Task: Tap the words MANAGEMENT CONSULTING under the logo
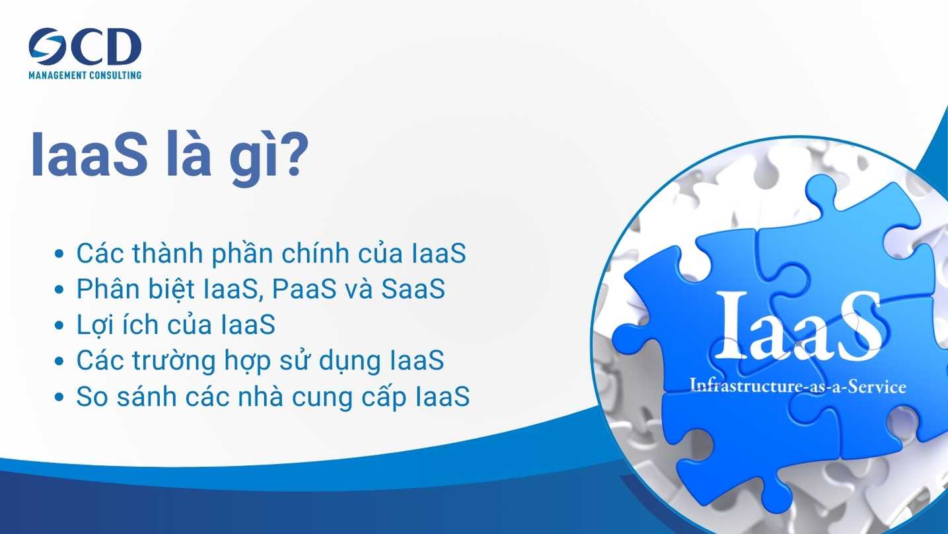point(85,75)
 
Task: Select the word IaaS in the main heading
point(89,153)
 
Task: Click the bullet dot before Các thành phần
point(59,254)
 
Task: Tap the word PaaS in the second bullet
point(304,289)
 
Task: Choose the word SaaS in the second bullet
point(413,289)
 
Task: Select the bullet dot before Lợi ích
point(59,325)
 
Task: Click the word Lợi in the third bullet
point(92,325)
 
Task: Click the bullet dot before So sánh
point(59,397)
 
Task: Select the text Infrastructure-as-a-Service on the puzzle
point(798,386)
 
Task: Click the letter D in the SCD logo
point(121,46)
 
